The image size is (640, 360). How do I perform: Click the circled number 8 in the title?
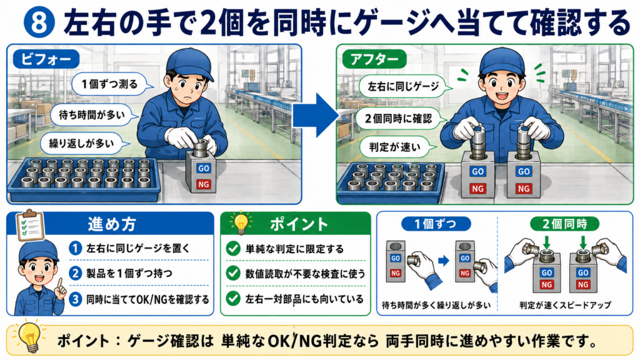click(x=39, y=23)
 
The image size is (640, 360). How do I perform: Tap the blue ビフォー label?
click(x=46, y=59)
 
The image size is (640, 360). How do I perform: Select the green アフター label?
click(x=374, y=59)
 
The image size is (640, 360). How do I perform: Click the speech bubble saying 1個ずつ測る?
click(x=111, y=84)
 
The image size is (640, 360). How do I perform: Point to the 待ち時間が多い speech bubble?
click(x=92, y=115)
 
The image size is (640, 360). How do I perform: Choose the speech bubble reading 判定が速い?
click(x=395, y=147)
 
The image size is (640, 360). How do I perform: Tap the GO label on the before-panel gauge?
click(x=204, y=168)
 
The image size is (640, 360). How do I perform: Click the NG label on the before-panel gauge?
click(x=204, y=184)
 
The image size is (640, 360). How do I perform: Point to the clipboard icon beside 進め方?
click(x=30, y=225)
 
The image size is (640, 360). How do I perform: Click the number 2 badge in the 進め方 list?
click(x=75, y=273)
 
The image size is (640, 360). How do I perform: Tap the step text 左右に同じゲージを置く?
click(x=138, y=248)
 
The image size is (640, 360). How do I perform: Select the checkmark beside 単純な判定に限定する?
click(x=233, y=249)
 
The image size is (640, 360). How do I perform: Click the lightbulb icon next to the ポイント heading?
click(x=241, y=223)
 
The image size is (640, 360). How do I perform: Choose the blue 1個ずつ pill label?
click(x=436, y=224)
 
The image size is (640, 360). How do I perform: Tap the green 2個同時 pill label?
click(x=564, y=224)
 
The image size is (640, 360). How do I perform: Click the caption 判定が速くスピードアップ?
click(x=565, y=305)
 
